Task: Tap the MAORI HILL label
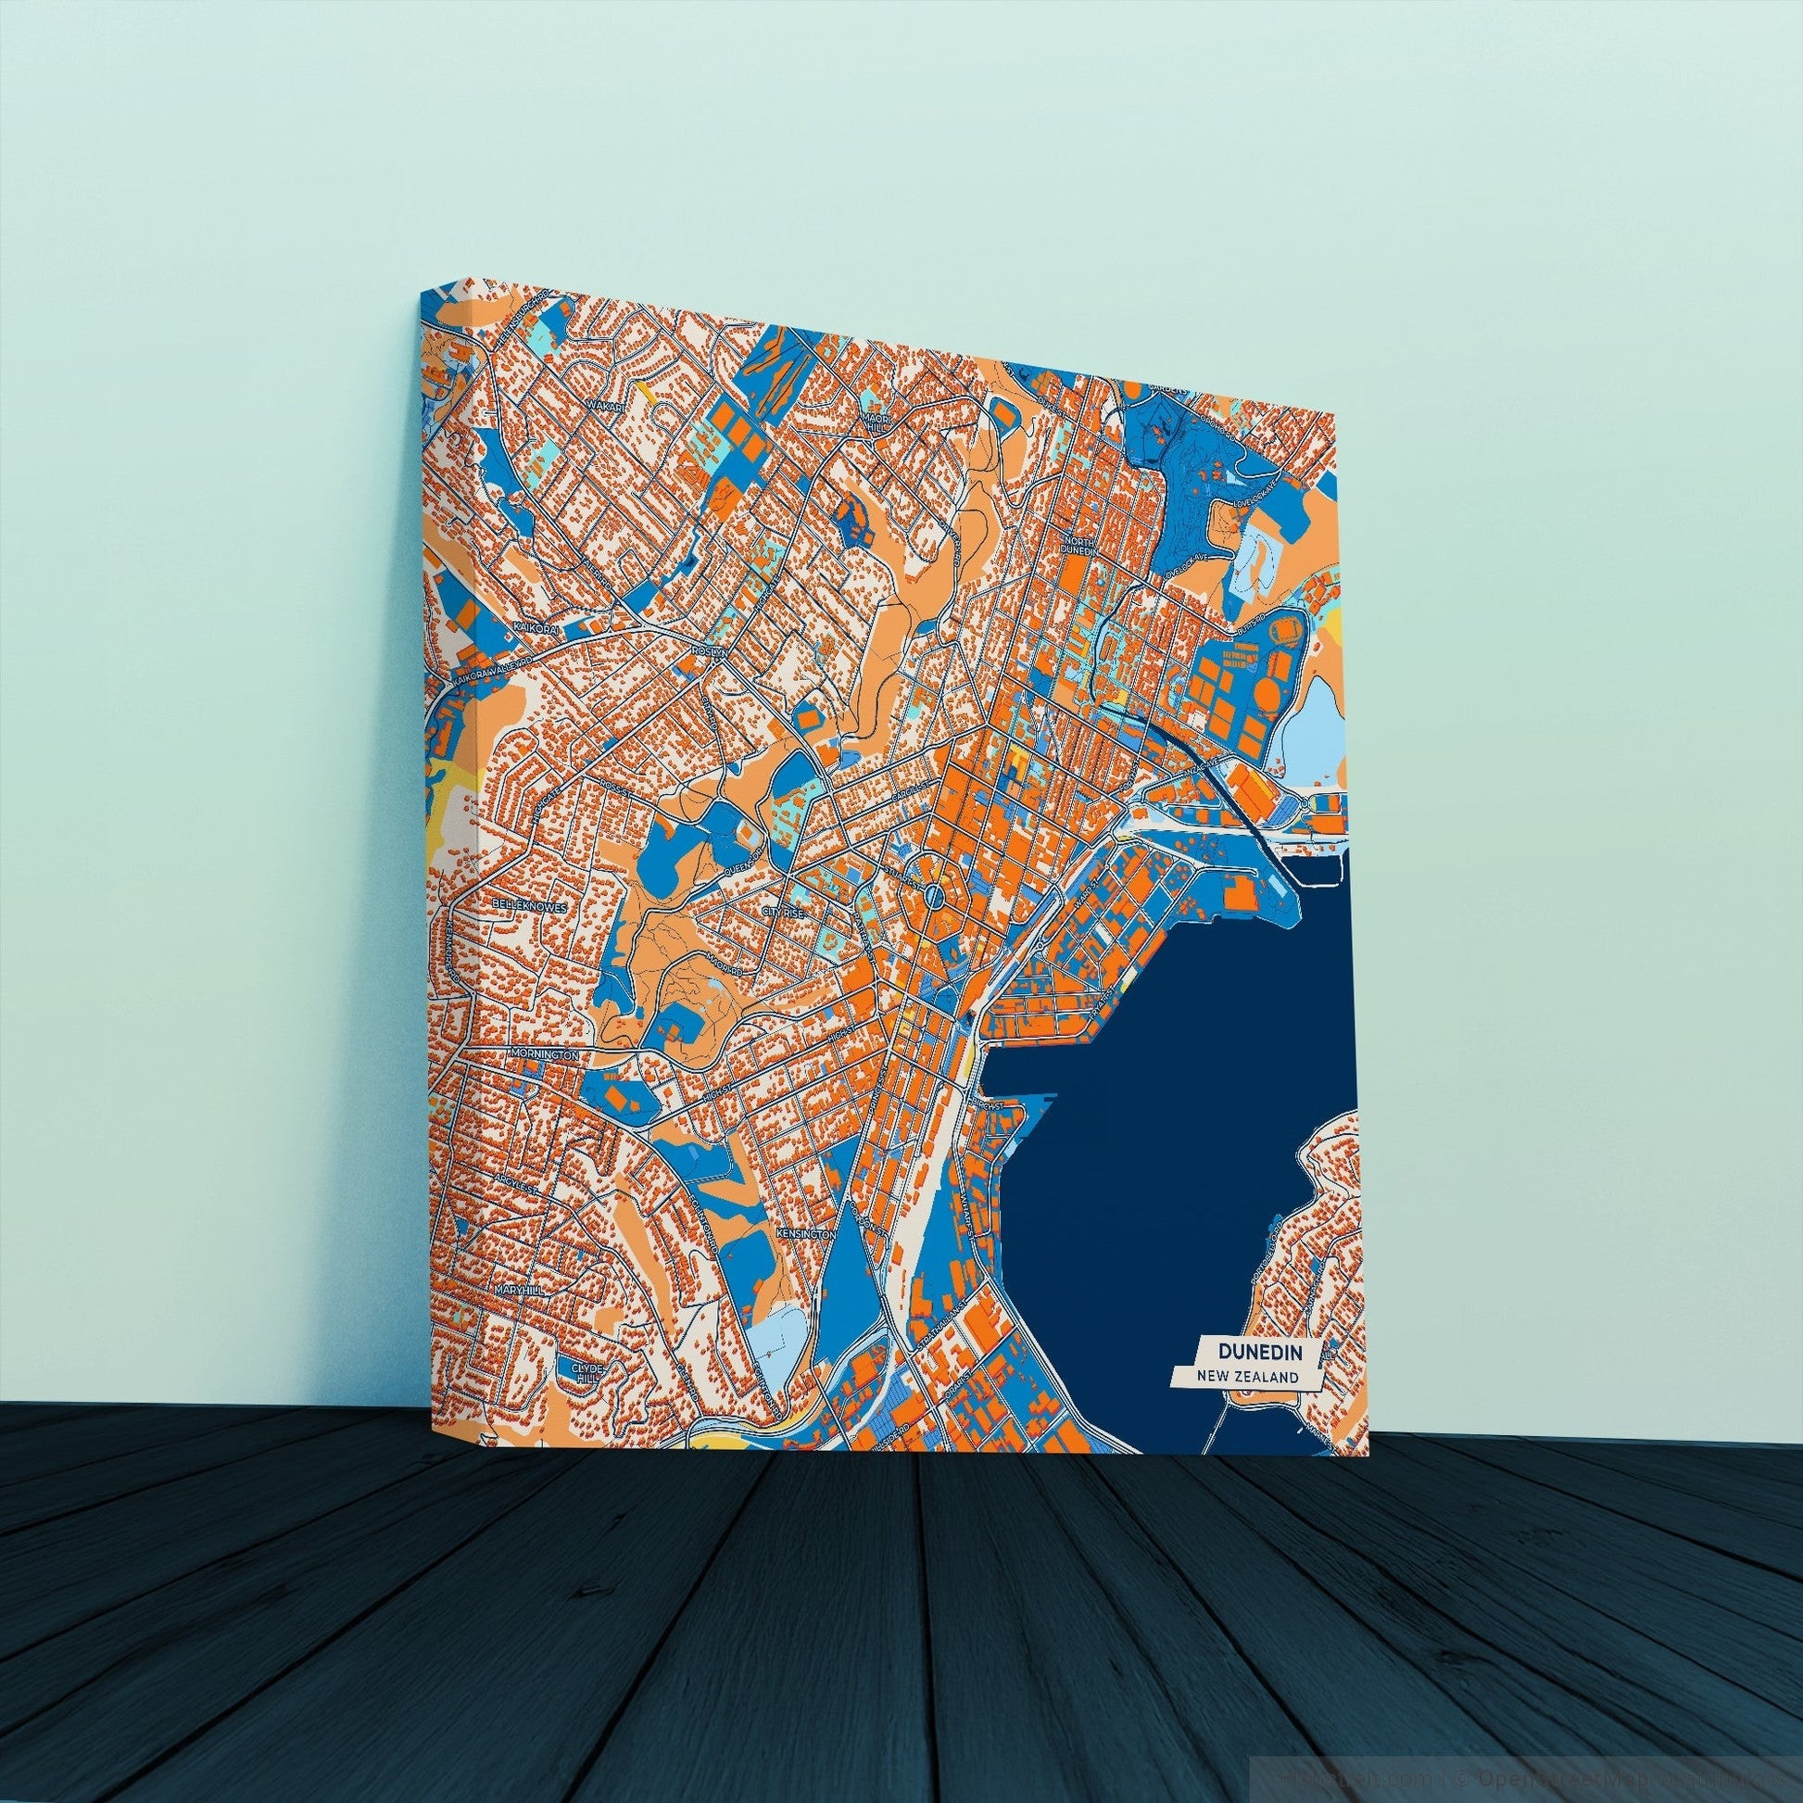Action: [x=877, y=424]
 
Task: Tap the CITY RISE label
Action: [x=782, y=911]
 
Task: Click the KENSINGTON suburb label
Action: [x=804, y=1234]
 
